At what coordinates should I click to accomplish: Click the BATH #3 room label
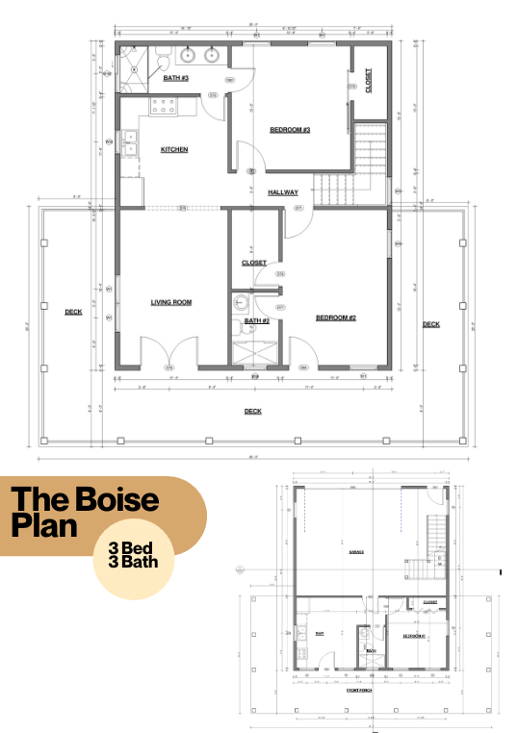[x=175, y=77]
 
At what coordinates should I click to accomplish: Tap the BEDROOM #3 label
[x=289, y=129]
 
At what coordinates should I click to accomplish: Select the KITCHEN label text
[x=174, y=149]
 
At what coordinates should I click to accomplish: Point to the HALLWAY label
[x=283, y=192]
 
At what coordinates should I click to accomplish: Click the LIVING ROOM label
[x=171, y=302]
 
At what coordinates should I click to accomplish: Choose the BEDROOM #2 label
[x=336, y=317]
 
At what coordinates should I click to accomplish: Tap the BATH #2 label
[x=256, y=320]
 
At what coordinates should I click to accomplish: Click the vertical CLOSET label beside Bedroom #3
[x=369, y=79]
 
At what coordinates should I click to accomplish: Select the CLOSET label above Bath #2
[x=254, y=262]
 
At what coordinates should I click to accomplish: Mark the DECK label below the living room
[x=252, y=412]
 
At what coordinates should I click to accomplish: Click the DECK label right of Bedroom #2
[x=431, y=324]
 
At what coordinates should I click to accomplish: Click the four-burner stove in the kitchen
[x=165, y=105]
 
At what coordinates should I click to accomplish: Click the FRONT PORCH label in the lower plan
[x=359, y=690]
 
